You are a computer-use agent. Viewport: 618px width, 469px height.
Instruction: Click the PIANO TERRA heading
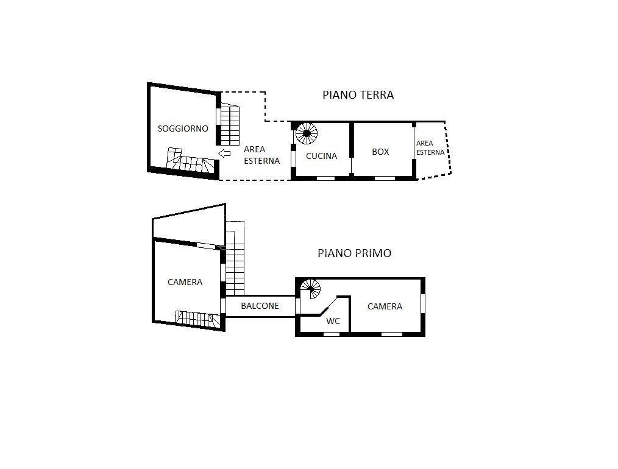tap(358, 95)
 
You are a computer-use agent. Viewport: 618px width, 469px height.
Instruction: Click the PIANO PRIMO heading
tap(354, 253)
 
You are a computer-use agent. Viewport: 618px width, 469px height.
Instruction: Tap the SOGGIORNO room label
tap(183, 129)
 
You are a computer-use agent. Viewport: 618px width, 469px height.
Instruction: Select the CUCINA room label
tap(321, 156)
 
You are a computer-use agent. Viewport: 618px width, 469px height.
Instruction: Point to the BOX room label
tap(380, 152)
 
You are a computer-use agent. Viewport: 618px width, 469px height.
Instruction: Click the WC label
tap(333, 321)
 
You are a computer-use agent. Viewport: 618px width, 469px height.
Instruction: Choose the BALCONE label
tap(260, 306)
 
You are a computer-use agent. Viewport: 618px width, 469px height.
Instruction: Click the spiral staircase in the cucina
tap(306, 133)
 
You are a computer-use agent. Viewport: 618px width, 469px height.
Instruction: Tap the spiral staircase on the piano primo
tap(311, 289)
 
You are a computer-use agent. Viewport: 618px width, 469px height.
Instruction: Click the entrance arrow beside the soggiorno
tap(224, 153)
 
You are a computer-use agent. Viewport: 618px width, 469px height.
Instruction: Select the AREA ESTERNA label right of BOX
tap(430, 147)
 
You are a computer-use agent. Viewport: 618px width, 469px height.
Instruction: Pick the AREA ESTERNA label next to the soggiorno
tap(261, 155)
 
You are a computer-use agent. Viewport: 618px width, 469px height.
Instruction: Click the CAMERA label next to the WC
tap(385, 306)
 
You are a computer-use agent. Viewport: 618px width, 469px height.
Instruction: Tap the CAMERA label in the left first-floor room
tap(185, 282)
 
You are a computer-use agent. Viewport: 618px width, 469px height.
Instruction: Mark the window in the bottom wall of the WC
tap(332, 334)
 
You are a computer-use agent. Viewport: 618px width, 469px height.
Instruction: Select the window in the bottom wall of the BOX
tap(385, 178)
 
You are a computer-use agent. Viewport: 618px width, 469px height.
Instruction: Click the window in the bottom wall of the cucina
tap(326, 178)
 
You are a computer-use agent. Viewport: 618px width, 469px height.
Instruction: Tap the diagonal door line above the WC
tap(329, 306)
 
